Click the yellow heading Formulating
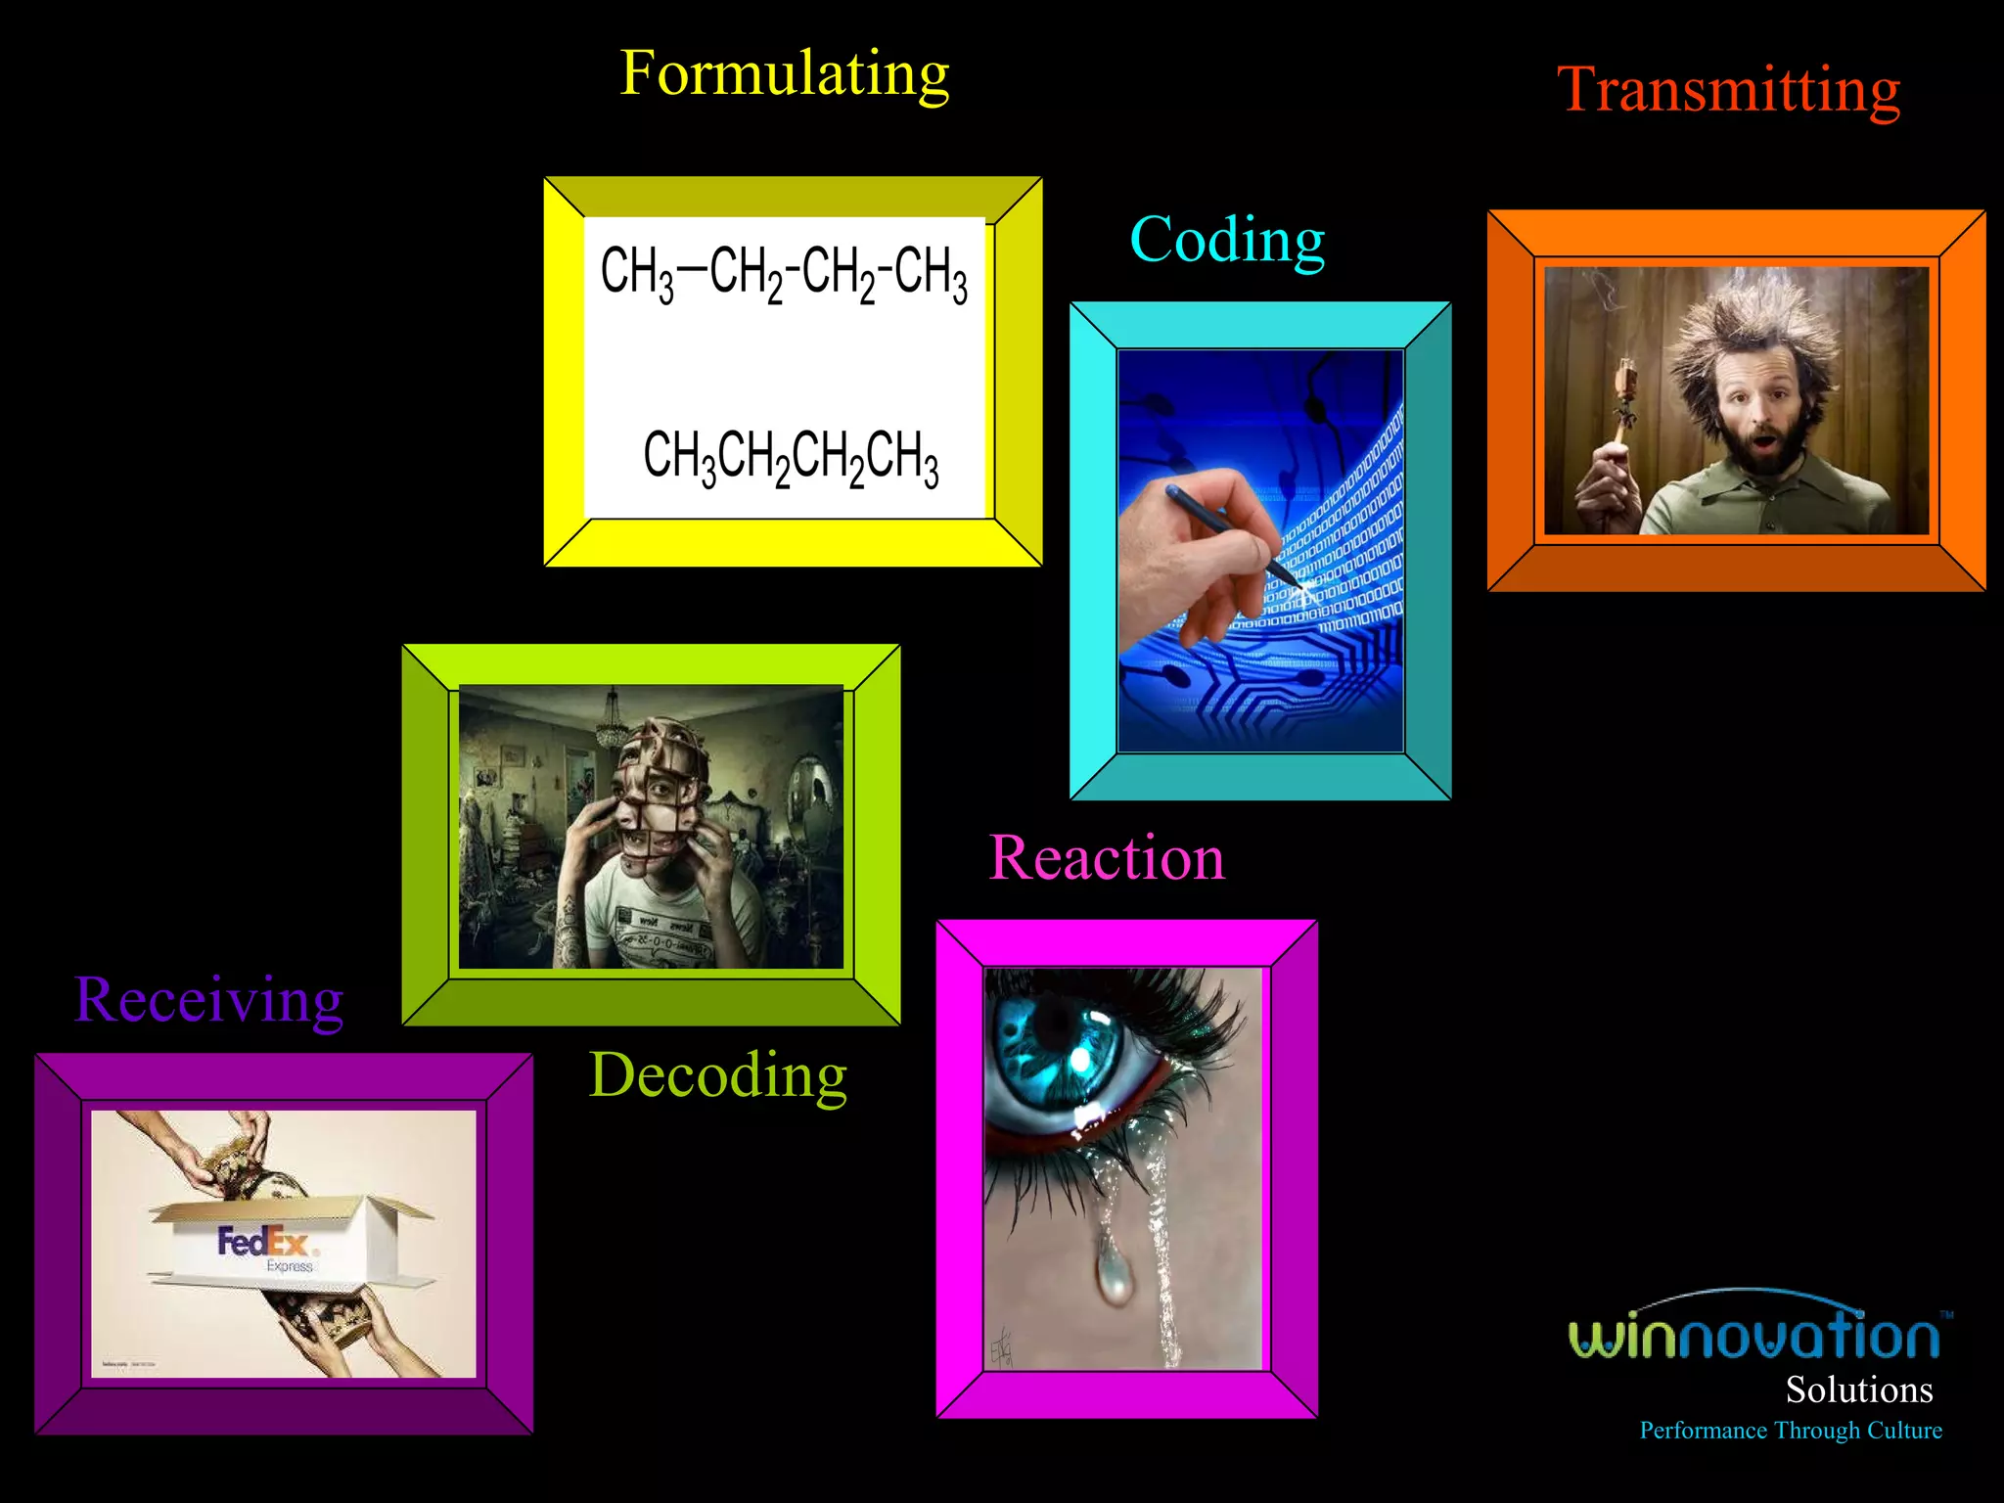tap(784, 74)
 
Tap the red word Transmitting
tap(1728, 90)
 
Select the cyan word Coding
tap(1227, 240)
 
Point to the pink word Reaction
tap(1107, 858)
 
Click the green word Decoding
tap(717, 1075)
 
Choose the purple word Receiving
tap(208, 1000)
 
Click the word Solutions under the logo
tap(1858, 1389)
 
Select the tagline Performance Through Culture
tap(1790, 1431)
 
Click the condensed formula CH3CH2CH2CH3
tap(791, 457)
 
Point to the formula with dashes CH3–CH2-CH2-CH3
tap(784, 272)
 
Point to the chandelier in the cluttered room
tap(614, 719)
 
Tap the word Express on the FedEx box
tap(289, 1266)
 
